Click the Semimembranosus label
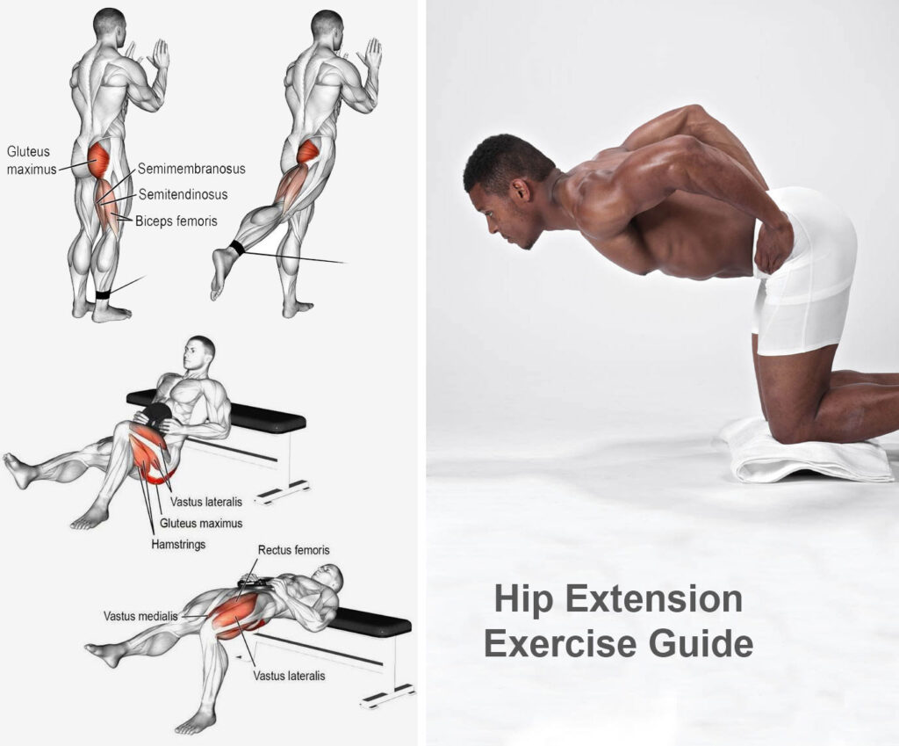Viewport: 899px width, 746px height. (191, 169)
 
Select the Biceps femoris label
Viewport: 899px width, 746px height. (176, 221)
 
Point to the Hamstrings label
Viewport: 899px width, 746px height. (178, 545)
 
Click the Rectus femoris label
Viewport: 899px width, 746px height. (293, 550)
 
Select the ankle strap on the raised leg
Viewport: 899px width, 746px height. (237, 248)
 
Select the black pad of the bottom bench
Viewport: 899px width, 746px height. (369, 622)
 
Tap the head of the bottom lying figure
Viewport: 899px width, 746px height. (330, 576)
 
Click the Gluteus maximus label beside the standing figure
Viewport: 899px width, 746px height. (30, 160)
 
